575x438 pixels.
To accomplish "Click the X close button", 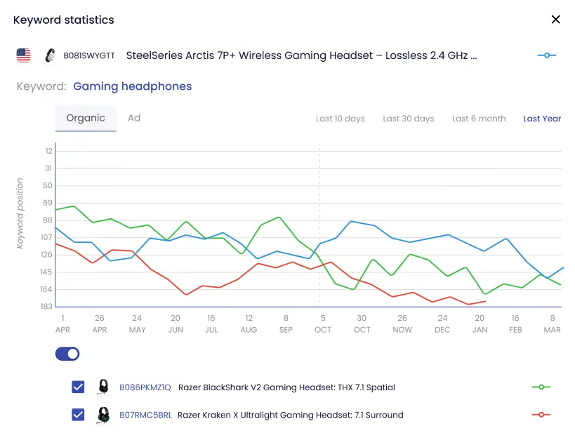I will pos(555,20).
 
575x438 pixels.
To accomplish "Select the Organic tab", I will pos(86,118).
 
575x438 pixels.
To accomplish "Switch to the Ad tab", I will pos(134,118).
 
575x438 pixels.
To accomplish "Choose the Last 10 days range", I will pos(341,119).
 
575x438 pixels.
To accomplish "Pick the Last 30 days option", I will pos(409,119).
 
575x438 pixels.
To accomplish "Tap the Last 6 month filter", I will pos(479,119).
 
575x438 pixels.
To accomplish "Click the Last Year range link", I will pos(542,119).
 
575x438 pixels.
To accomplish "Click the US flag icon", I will pos(24,55).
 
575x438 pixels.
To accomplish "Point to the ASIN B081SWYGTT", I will pos(89,55).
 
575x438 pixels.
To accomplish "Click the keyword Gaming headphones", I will pos(132,86).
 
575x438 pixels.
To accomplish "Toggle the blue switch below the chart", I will pos(67,354).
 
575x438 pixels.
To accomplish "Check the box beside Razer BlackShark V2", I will pos(78,387).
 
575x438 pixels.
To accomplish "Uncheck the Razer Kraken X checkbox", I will pos(78,415).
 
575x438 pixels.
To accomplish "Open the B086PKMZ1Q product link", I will pos(145,387).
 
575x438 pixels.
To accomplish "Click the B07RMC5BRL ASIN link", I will pos(145,415).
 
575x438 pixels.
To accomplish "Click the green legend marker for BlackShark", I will pos(541,387).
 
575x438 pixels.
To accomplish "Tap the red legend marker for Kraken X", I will pos(541,415).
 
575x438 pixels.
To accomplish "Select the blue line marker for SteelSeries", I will pos(546,55).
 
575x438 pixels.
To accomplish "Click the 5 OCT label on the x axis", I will pos(322,324).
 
